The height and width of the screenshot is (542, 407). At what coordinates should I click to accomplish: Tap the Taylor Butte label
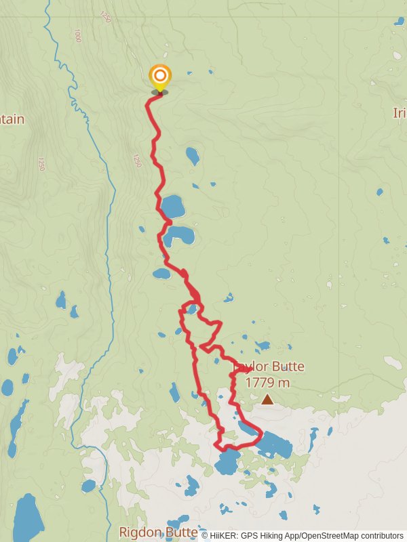tap(269, 367)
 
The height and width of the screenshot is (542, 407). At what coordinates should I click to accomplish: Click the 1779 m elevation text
tap(267, 383)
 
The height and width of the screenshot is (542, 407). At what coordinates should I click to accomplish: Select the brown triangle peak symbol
tap(267, 400)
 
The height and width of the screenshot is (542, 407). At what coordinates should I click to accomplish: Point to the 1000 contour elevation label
tap(77, 35)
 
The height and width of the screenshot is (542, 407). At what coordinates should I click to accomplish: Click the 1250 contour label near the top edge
tap(105, 14)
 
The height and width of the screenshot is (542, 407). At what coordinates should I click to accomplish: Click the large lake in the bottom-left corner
tap(28, 518)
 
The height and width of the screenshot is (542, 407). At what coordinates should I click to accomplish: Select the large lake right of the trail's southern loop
tap(275, 444)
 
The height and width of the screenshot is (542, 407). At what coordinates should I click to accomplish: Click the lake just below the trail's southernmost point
tap(227, 463)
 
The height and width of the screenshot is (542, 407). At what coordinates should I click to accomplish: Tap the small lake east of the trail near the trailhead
tap(193, 156)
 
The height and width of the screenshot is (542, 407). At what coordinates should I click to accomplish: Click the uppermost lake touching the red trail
tap(172, 205)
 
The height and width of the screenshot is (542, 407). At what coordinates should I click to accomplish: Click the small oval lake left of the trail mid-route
tap(161, 274)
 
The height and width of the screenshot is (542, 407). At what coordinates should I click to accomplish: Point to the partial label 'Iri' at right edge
tap(399, 113)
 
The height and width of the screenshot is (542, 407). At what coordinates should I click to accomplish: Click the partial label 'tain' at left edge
tap(12, 119)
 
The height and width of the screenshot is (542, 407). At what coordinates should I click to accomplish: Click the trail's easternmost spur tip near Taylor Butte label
tap(252, 369)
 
